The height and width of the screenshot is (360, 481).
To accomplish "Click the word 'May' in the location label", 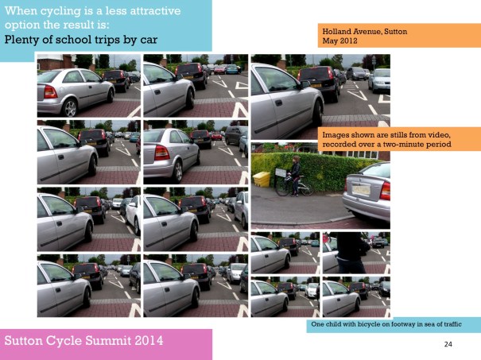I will tap(329, 40).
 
